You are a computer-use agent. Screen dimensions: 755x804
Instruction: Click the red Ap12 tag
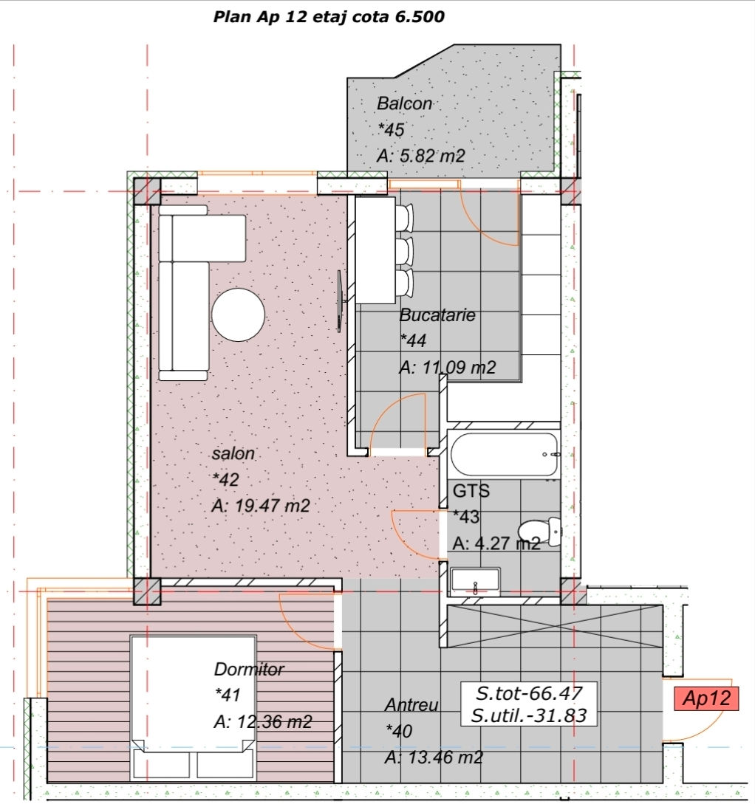click(706, 698)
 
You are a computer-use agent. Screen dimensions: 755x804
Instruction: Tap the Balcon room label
click(404, 103)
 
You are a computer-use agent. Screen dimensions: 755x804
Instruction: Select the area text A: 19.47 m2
click(261, 506)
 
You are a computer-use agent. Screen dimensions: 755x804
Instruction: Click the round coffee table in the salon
click(238, 315)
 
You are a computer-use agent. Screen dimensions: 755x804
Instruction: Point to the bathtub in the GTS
click(504, 454)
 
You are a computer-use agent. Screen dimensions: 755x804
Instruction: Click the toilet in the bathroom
click(539, 532)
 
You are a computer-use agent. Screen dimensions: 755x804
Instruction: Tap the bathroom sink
click(474, 582)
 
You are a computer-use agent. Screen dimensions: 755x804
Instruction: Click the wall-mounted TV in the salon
click(340, 301)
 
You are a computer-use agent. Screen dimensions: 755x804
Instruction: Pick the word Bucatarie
click(437, 315)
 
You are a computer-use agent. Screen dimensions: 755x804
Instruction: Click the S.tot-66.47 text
click(529, 693)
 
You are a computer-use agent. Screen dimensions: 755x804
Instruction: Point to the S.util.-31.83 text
click(529, 715)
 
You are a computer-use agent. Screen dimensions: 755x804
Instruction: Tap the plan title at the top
click(329, 16)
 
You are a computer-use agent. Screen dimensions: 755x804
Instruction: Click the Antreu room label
click(411, 704)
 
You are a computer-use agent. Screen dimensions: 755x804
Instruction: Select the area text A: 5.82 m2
click(420, 155)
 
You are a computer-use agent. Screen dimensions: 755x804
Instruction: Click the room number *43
click(466, 516)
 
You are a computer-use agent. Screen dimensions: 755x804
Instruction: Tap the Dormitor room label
click(249, 669)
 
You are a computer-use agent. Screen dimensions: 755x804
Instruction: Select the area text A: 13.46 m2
click(434, 757)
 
